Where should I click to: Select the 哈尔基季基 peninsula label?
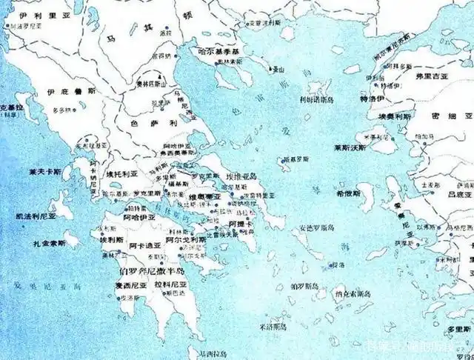pos(220,51)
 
